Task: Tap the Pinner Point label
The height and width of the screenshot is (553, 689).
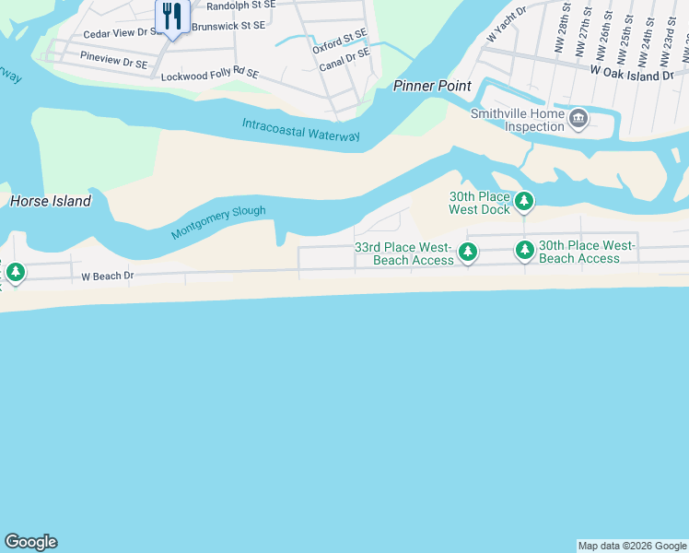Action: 432,86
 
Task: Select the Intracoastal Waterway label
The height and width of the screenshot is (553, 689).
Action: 300,130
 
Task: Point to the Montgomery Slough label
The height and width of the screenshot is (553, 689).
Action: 218,223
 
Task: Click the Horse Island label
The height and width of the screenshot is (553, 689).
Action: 51,201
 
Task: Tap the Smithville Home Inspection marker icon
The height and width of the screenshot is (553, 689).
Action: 578,117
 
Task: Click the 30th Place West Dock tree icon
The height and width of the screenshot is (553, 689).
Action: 524,200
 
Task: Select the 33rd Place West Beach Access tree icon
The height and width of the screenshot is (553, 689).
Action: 468,252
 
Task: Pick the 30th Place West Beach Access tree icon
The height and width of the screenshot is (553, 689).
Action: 524,250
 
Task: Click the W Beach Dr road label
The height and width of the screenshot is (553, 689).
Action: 108,276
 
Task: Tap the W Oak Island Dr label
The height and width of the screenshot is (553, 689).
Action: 632,70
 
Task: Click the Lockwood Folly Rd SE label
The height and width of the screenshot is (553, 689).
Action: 210,75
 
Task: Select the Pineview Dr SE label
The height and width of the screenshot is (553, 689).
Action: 114,60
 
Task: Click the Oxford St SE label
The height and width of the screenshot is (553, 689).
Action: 339,41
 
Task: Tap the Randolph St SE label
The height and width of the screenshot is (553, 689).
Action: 241,5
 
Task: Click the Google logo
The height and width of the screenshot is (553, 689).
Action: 30,542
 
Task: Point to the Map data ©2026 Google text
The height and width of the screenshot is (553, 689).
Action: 632,546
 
